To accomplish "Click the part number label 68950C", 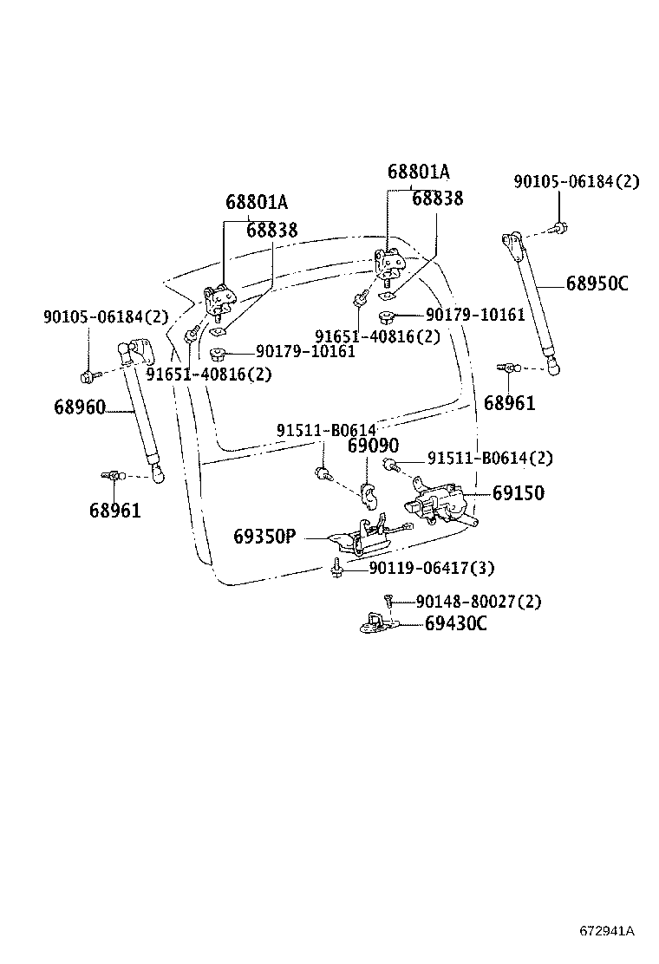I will [x=597, y=283].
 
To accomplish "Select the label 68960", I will [x=79, y=407].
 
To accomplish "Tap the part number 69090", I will [x=373, y=446].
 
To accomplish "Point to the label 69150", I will [x=519, y=493].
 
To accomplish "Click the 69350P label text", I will [x=264, y=537].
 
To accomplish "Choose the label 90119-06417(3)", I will [x=431, y=569].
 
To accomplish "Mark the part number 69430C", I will [x=455, y=622].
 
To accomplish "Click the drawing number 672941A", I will [x=607, y=931].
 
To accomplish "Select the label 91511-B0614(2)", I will [x=489, y=459].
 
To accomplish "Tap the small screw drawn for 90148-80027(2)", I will [x=390, y=600].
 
